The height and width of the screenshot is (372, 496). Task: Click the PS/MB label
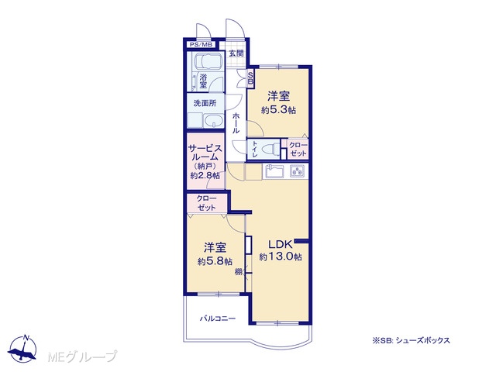click(x=201, y=45)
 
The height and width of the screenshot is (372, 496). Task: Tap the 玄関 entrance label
click(x=236, y=53)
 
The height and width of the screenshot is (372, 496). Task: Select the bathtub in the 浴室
click(x=208, y=61)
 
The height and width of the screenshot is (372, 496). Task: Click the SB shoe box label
click(x=250, y=77)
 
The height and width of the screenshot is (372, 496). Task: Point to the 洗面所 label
click(x=205, y=103)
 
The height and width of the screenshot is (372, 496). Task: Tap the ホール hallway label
click(x=236, y=122)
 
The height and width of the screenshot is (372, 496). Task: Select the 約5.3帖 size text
click(x=278, y=110)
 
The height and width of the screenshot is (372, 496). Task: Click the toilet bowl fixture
click(x=270, y=148)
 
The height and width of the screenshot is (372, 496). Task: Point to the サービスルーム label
click(x=205, y=153)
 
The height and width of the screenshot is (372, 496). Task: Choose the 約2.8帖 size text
click(x=205, y=175)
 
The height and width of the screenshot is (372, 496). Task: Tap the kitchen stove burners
click(x=298, y=171)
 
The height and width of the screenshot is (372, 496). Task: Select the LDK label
click(x=280, y=244)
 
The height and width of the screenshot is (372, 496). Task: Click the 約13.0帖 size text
click(x=281, y=257)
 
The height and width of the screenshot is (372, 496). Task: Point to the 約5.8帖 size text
click(x=215, y=262)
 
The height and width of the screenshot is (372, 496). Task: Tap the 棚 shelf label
click(x=238, y=271)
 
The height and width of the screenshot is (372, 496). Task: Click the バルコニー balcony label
click(x=218, y=319)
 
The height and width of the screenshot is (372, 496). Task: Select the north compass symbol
click(x=22, y=348)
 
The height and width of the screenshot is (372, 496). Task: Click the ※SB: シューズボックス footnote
click(x=411, y=340)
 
